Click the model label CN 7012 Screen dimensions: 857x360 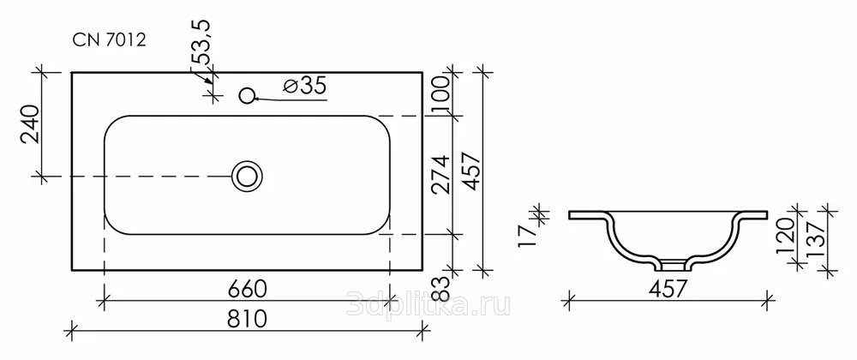click(x=110, y=40)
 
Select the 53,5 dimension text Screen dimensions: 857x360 click(x=203, y=43)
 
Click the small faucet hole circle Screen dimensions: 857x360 click(x=248, y=96)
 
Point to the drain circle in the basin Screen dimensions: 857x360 click(x=247, y=176)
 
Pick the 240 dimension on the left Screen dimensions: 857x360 click(x=30, y=123)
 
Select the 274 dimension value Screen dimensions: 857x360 click(x=442, y=174)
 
